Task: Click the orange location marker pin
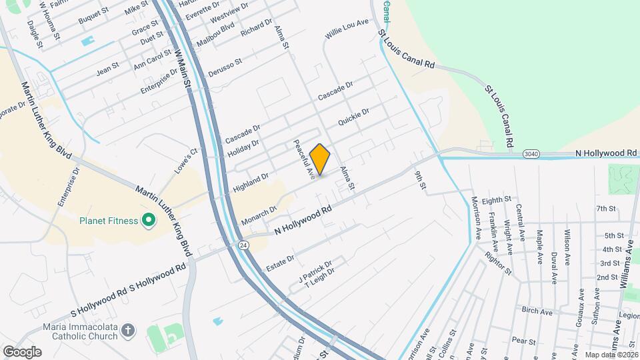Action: [320, 159]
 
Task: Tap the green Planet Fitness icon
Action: [149, 220]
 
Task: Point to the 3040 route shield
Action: [531, 155]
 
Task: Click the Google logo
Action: [22, 351]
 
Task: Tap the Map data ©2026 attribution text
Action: [609, 354]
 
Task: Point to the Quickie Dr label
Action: [353, 117]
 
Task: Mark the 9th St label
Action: [420, 179]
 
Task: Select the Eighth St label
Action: [496, 199]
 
